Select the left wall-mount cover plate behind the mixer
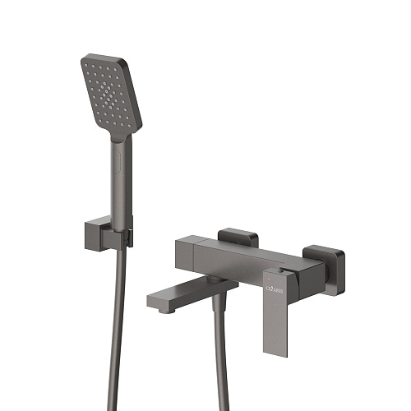239,238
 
